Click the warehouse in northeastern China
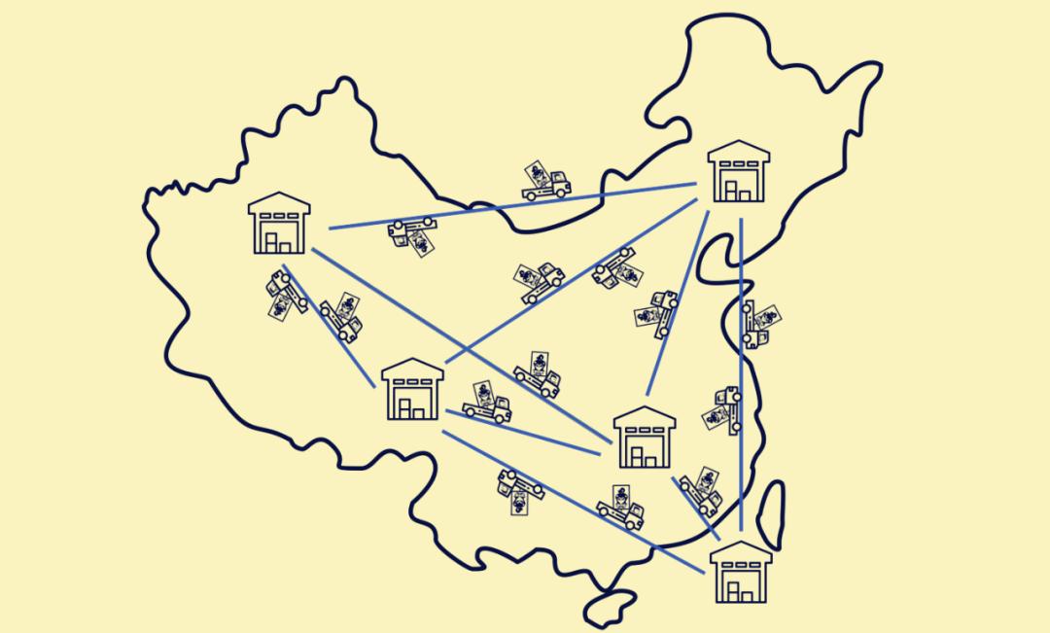739,172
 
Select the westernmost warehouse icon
279,223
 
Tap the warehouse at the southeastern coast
741,573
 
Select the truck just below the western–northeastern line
409,234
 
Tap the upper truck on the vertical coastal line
758,324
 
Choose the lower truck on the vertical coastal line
724,409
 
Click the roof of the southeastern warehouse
741,553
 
